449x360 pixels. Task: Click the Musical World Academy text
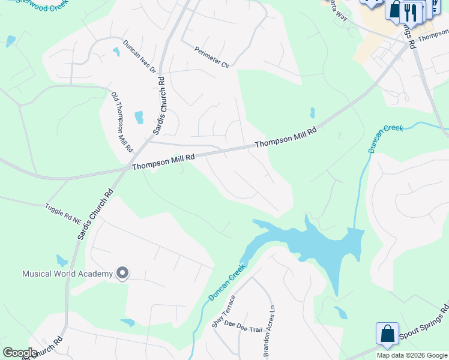[67, 274]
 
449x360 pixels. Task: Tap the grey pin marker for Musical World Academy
[122, 274]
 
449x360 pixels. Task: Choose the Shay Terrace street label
[217, 311]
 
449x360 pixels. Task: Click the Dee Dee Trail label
[244, 325]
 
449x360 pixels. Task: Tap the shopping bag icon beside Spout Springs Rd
[387, 334]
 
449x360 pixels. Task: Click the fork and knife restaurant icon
[410, 11]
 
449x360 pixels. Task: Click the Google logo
[20, 353]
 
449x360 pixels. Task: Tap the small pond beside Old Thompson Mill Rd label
[139, 117]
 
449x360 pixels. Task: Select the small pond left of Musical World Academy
[62, 260]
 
